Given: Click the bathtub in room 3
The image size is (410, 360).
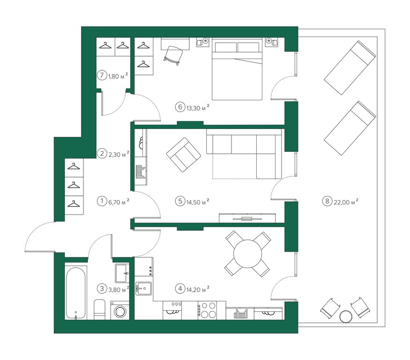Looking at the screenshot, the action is click(76, 292).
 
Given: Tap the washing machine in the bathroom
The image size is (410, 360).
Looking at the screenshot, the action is click(120, 310).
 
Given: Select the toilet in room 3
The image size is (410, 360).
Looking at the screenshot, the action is click(99, 309).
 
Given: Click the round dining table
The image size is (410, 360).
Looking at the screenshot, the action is click(247, 254).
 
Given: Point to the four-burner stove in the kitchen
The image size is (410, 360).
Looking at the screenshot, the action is click(208, 310).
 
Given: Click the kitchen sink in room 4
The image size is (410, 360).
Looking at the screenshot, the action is click(143, 288).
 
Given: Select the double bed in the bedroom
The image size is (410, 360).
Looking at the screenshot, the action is click(237, 69).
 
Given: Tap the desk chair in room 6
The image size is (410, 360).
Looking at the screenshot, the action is click(173, 55).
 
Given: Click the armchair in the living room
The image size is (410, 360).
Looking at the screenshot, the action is click(184, 155).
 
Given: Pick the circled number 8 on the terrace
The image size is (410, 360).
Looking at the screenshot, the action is click(327, 201).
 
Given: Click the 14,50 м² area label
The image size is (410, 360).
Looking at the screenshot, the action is click(198, 202).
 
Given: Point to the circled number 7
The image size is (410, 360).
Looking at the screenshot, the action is click(102, 75).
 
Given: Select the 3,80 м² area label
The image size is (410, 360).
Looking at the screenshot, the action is click(119, 289).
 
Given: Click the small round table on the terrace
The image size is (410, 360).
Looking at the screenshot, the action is click(346, 316).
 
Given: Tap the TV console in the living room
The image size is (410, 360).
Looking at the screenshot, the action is click(247, 218).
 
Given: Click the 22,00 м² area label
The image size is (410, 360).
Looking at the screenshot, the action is click(346, 202).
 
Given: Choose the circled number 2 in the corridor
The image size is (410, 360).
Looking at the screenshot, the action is click(102, 153).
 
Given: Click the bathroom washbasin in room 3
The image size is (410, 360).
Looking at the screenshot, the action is click(122, 273).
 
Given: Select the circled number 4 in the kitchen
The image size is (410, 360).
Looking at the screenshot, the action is click(180, 289).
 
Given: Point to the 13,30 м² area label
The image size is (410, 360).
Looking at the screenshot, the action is click(198, 107).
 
